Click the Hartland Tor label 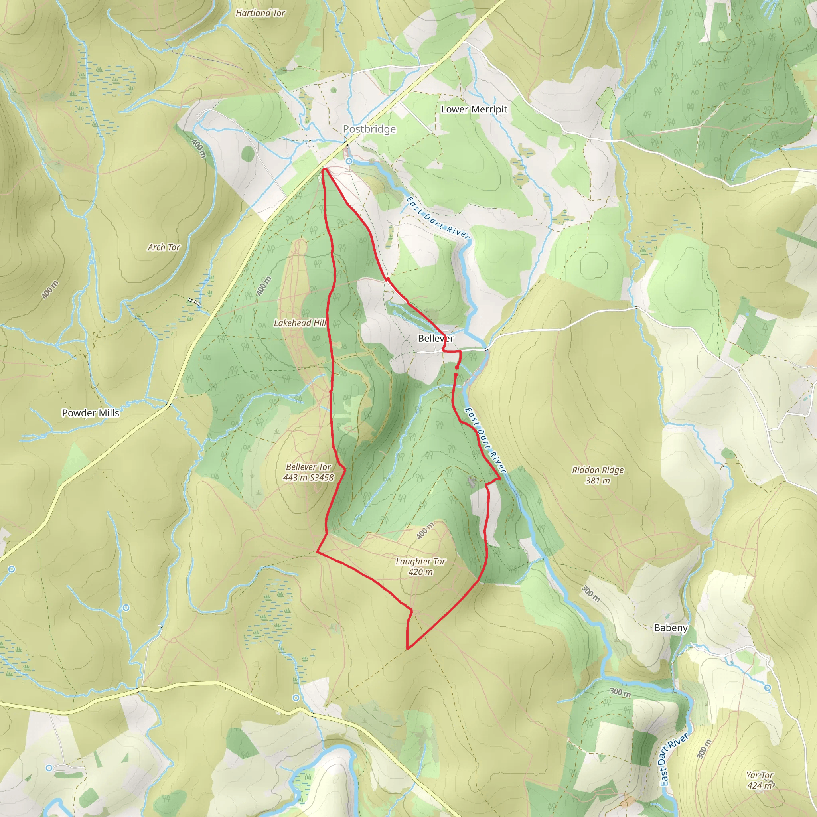pos(260,13)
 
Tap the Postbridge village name pos(369,129)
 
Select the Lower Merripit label pos(474,109)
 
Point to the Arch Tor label pos(164,247)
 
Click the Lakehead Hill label pos(300,323)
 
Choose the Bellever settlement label pos(435,338)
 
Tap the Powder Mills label pos(91,413)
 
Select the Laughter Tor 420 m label pos(420,566)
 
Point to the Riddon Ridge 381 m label pos(598,475)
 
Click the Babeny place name pos(671,628)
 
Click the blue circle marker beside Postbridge pos(349,161)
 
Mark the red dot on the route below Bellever pos(457,367)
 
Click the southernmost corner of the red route pos(407,648)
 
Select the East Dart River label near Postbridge pos(438,218)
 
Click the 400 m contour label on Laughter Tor pos(425,531)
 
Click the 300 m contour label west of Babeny pos(590,593)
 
